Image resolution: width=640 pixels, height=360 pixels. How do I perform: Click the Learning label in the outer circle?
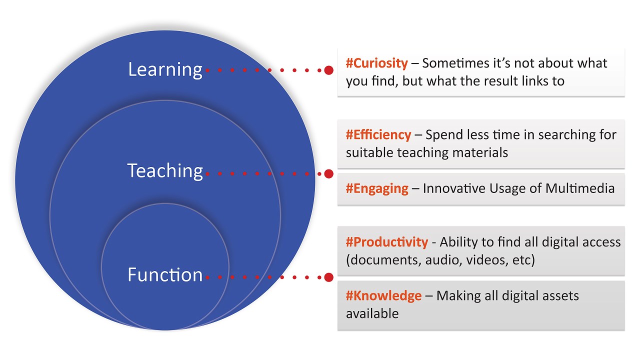pyautogui.click(x=165, y=69)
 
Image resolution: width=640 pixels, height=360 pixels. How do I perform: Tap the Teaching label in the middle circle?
pyautogui.click(x=165, y=171)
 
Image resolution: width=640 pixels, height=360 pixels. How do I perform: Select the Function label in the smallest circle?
pyautogui.click(x=165, y=274)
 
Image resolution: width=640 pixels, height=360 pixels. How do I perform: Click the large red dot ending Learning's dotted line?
pyautogui.click(x=329, y=70)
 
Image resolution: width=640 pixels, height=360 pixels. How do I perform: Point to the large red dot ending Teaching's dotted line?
pyautogui.click(x=329, y=173)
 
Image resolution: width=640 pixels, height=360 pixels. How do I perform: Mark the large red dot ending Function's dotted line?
pyautogui.click(x=329, y=277)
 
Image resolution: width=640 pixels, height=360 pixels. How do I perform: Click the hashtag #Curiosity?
pyautogui.click(x=377, y=63)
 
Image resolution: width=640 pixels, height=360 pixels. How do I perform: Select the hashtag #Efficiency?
pyautogui.click(x=378, y=134)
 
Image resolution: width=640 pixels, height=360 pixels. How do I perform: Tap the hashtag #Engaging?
pyautogui.click(x=377, y=189)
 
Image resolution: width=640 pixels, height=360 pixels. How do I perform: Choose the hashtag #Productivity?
pyautogui.click(x=387, y=242)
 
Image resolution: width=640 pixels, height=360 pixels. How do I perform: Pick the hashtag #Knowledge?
pyautogui.click(x=383, y=295)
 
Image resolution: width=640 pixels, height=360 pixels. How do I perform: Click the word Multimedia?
pyautogui.click(x=580, y=188)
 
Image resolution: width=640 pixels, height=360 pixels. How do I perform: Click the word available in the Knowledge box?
pyautogui.click(x=372, y=313)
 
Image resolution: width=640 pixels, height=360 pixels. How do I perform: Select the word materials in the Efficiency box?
pyautogui.click(x=480, y=152)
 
